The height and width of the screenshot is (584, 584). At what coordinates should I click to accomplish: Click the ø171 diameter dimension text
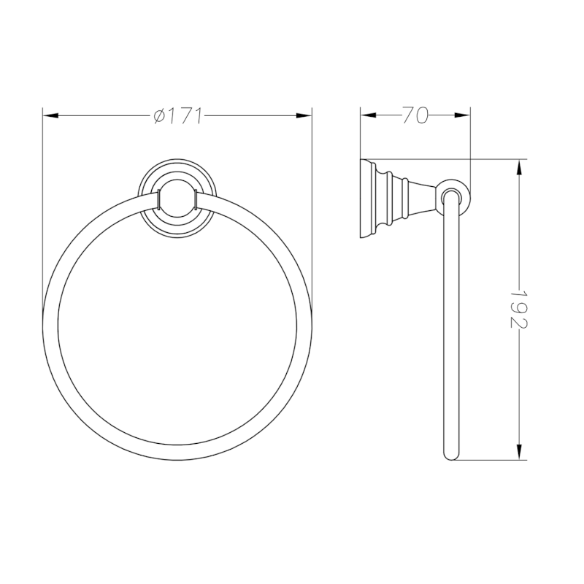(178, 116)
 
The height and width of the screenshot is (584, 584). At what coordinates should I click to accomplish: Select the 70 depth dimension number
(414, 116)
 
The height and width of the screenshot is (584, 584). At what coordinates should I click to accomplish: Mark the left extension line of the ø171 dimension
(43, 219)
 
